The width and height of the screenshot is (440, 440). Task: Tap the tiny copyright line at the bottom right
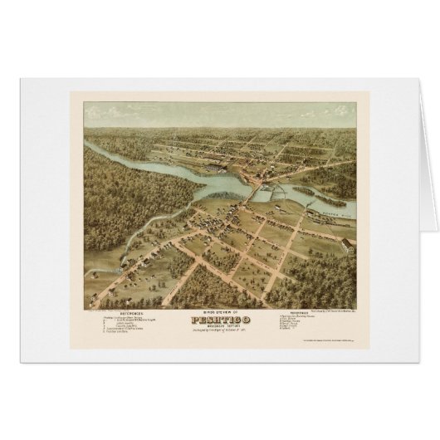pos(320,341)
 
